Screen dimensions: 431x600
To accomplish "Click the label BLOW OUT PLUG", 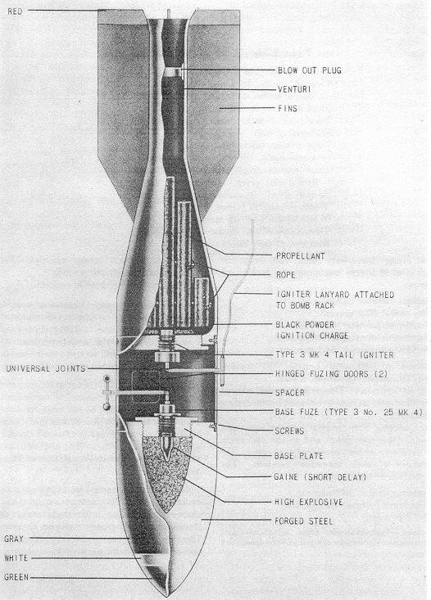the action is [x=309, y=70].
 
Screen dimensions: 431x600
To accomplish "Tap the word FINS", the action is [x=288, y=108].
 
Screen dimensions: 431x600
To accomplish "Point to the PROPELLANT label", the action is [x=301, y=256].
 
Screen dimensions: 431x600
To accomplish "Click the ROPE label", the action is [x=286, y=275].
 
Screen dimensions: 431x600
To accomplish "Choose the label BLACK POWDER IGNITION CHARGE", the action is [x=312, y=330].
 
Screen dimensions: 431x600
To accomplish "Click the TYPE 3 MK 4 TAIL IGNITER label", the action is [x=334, y=355].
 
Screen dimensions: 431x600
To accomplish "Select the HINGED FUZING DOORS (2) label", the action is [x=331, y=374].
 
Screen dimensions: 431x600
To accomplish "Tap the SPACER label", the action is [x=289, y=393].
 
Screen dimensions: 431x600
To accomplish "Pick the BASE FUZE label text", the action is [x=348, y=412].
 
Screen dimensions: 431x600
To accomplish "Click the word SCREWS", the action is [x=289, y=431].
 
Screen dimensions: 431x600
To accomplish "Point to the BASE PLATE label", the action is [x=299, y=456].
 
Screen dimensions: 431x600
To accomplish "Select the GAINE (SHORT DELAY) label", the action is [x=320, y=477].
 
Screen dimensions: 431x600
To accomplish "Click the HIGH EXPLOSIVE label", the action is [x=309, y=502].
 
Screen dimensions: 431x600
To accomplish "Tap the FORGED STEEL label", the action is [x=303, y=521].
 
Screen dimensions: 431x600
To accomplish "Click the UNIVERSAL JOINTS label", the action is [x=46, y=369].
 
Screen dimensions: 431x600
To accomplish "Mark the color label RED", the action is [x=15, y=11].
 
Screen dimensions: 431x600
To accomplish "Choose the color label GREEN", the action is [x=16, y=577].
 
